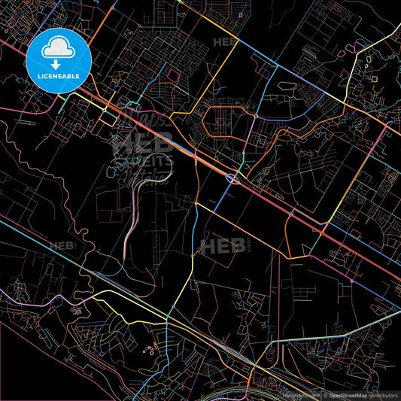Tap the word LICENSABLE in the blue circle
(x=59, y=75)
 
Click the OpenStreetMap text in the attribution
(x=346, y=394)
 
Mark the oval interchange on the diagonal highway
(x=233, y=178)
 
